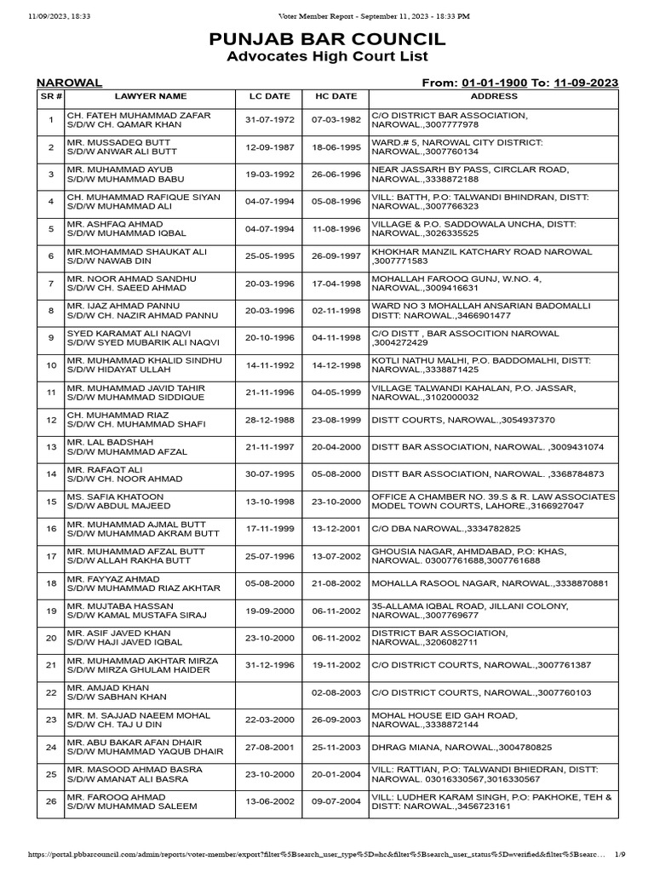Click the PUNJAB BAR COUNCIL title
(327, 39)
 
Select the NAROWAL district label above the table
(69, 83)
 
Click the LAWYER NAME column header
(151, 96)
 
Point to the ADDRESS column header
(493, 96)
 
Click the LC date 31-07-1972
(269, 120)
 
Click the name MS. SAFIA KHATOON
(103, 496)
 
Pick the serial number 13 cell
(50, 447)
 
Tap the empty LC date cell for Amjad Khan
(269, 692)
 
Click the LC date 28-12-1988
(269, 420)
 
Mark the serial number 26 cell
(50, 801)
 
